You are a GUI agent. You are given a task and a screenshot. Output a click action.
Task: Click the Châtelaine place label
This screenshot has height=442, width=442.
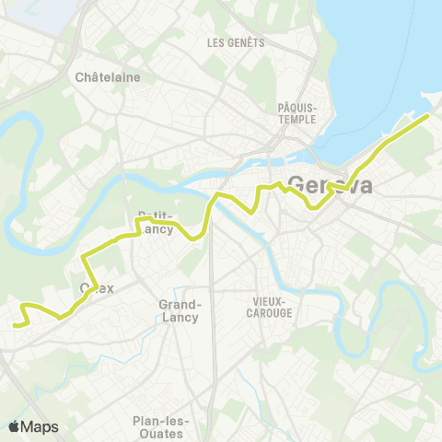pyautogui.click(x=108, y=77)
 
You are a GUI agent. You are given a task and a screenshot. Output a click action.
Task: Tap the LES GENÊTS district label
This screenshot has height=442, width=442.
pyautogui.click(x=236, y=42)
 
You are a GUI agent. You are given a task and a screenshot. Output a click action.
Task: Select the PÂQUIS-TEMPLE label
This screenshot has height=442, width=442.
pyautogui.click(x=297, y=112)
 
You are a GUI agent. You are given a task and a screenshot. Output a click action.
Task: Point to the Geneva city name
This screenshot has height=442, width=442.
pyautogui.click(x=331, y=185)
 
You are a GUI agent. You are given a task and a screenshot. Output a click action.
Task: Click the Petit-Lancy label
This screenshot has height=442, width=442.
pyautogui.click(x=156, y=222)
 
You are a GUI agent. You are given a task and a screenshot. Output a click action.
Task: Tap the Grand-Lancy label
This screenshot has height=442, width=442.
pyautogui.click(x=180, y=309)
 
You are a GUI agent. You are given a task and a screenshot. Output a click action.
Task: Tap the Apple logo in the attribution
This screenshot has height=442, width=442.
pyautogui.click(x=14, y=426)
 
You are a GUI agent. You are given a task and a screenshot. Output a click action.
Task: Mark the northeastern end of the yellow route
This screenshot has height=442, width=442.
pyautogui.click(x=428, y=116)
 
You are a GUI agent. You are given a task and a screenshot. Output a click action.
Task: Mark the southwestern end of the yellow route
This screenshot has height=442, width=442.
pyautogui.click(x=17, y=324)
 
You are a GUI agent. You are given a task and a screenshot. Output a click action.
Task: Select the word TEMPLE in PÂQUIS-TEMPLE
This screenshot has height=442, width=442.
pyautogui.click(x=297, y=119)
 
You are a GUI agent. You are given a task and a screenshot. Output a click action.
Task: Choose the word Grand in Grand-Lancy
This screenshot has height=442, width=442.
pyautogui.click(x=180, y=304)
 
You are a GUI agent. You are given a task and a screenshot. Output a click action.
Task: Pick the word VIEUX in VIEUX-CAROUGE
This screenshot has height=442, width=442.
pyautogui.click(x=270, y=301)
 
